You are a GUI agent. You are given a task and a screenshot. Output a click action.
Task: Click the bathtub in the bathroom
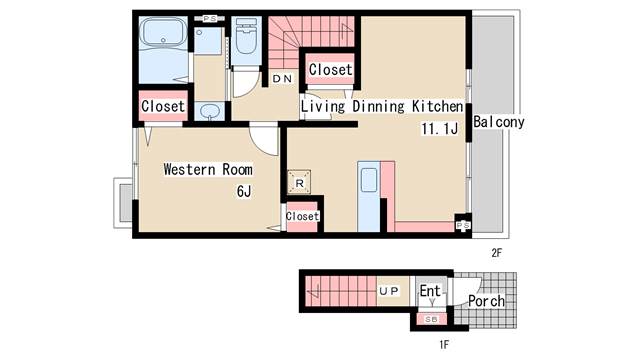[x=163, y=32]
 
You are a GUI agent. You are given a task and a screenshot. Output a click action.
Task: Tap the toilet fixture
[x=246, y=38]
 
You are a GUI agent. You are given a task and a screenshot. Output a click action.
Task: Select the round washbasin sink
[x=209, y=111]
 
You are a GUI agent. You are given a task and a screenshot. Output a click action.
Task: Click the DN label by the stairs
[x=282, y=79]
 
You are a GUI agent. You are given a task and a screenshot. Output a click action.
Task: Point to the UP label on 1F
[x=389, y=291]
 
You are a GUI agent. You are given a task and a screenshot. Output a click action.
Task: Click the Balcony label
[x=498, y=122]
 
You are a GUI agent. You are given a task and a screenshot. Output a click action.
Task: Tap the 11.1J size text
[x=439, y=129]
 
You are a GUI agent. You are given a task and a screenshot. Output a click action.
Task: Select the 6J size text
[x=244, y=191]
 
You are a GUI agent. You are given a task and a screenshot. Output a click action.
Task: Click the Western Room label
[x=208, y=169]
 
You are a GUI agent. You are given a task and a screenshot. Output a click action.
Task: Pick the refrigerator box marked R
[x=299, y=182]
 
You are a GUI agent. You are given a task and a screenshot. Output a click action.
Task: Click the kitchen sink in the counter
[x=369, y=180]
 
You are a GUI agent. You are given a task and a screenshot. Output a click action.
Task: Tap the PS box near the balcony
[x=463, y=225]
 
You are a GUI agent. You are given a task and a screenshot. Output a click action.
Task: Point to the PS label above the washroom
[x=209, y=19]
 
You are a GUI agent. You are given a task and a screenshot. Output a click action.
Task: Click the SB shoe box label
[x=431, y=320]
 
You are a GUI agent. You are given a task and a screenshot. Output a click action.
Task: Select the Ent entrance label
[x=430, y=291]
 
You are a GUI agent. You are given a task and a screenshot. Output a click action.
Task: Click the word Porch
[x=486, y=301]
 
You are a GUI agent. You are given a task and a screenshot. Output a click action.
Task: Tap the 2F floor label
[x=496, y=253]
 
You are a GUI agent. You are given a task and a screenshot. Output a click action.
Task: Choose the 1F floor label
[x=444, y=345]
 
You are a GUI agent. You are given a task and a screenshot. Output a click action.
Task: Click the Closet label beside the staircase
[x=330, y=69]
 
